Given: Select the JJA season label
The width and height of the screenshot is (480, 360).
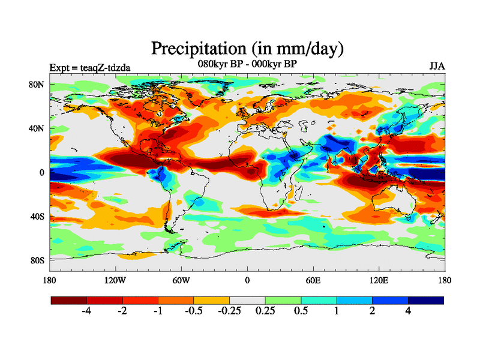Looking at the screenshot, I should pos(437,66).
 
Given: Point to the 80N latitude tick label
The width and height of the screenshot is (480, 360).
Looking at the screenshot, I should pos(37,85).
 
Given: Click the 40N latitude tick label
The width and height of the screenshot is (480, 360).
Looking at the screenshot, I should pos(37,128).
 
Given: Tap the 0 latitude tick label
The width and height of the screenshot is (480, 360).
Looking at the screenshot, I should pos(42,172).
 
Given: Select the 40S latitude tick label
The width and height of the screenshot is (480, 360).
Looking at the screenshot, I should pos(37,216).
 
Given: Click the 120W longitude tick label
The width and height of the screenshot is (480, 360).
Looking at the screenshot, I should pos(115,280).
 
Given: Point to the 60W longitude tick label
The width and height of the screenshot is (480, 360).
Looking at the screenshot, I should pos(181,280).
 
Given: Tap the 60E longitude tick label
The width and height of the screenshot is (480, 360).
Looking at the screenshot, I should pos(313,280).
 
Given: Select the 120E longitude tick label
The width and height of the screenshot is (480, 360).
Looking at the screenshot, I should pos(379,280).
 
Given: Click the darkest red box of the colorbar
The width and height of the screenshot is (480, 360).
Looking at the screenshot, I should pos(68,299).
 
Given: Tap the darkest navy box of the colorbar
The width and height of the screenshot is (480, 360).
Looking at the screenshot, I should pos(426,299).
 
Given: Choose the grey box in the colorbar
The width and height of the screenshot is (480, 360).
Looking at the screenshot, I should pos(247,299).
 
